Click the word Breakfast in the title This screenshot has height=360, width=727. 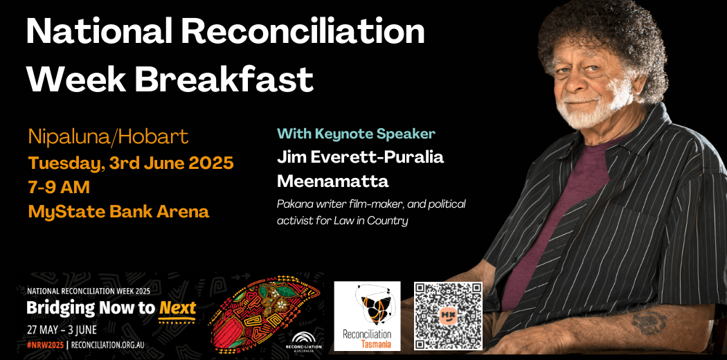[224, 79]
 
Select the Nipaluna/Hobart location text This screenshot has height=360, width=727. [108, 136]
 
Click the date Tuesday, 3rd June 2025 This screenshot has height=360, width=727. [131, 163]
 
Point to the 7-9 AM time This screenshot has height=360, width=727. [59, 187]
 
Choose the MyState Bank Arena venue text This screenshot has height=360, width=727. [118, 211]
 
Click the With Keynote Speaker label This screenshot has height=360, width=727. [356, 134]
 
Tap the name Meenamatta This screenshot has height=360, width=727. [332, 181]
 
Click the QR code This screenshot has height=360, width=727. [449, 316]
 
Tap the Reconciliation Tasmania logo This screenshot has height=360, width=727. [367, 316]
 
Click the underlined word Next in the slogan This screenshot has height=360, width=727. [177, 307]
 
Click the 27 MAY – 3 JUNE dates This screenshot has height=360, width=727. [62, 330]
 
